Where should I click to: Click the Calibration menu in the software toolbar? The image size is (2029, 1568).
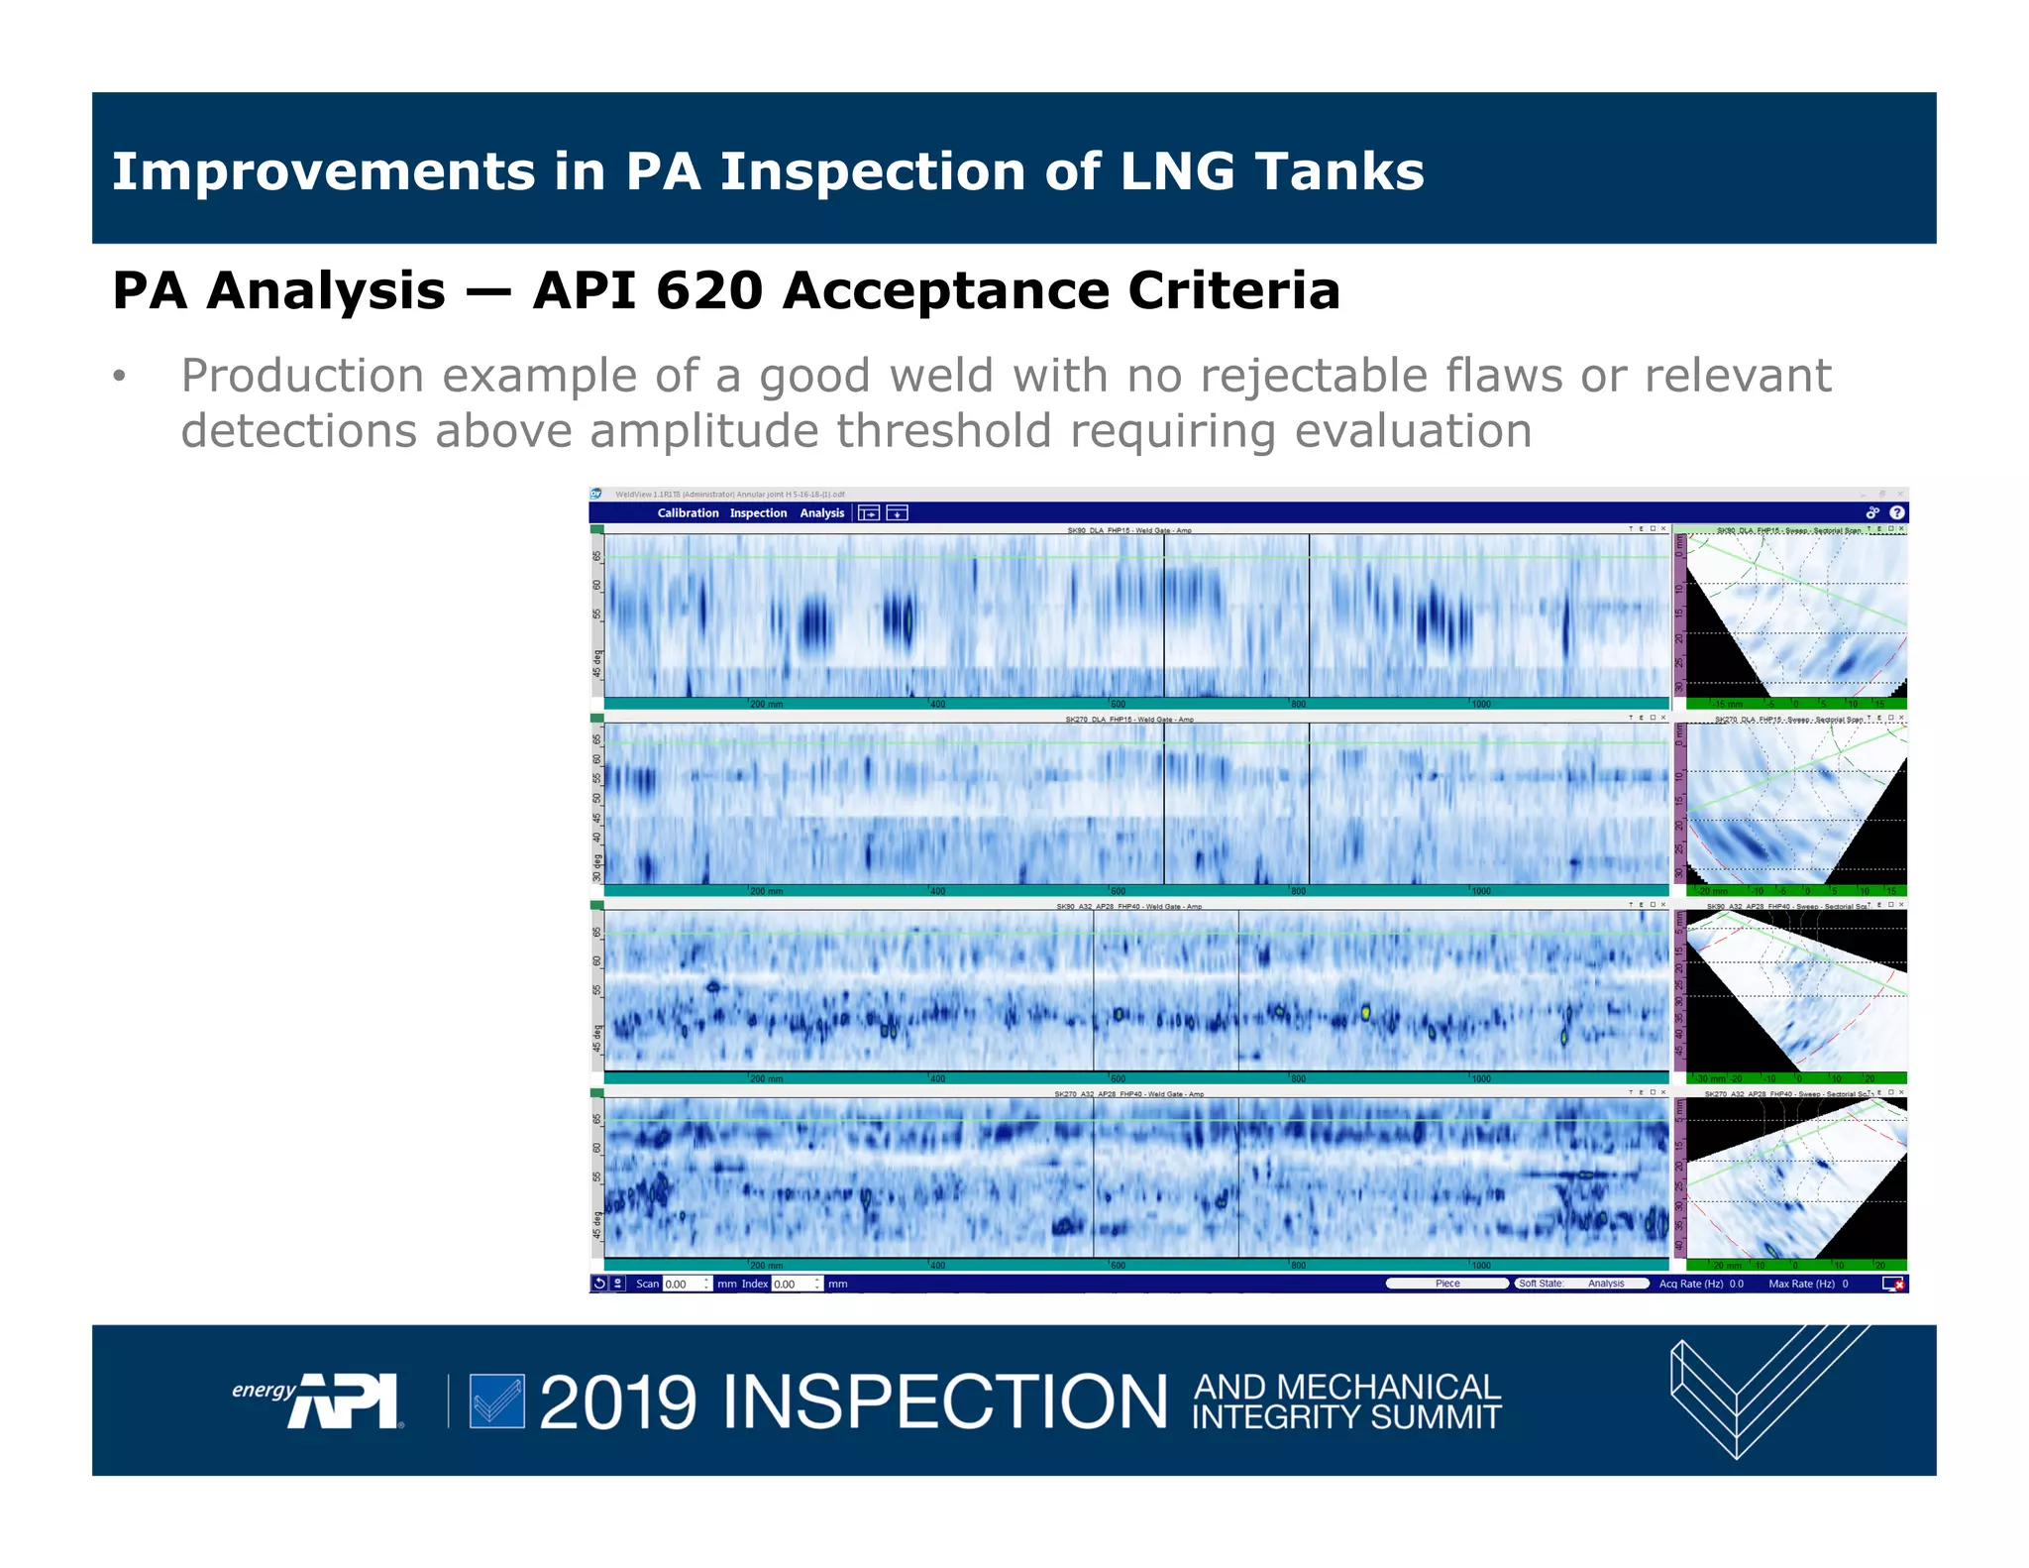(x=688, y=512)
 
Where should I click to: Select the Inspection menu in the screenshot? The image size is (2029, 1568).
(x=758, y=512)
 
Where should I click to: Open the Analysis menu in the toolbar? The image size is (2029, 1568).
(x=821, y=512)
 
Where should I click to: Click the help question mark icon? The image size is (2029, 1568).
(x=1896, y=512)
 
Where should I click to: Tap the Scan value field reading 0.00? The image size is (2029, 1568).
(x=684, y=1284)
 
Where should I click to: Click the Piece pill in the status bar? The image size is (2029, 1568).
(x=1446, y=1284)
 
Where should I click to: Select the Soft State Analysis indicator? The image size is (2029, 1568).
(x=1581, y=1284)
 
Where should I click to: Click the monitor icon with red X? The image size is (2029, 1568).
(x=1892, y=1284)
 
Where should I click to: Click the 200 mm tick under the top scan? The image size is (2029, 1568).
(x=766, y=704)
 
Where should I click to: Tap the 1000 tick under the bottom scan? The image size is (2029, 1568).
(x=1480, y=1266)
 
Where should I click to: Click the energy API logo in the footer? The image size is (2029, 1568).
(x=317, y=1400)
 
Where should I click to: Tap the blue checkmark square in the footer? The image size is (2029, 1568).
(x=496, y=1400)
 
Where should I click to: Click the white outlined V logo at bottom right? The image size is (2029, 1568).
(x=1744, y=1393)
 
